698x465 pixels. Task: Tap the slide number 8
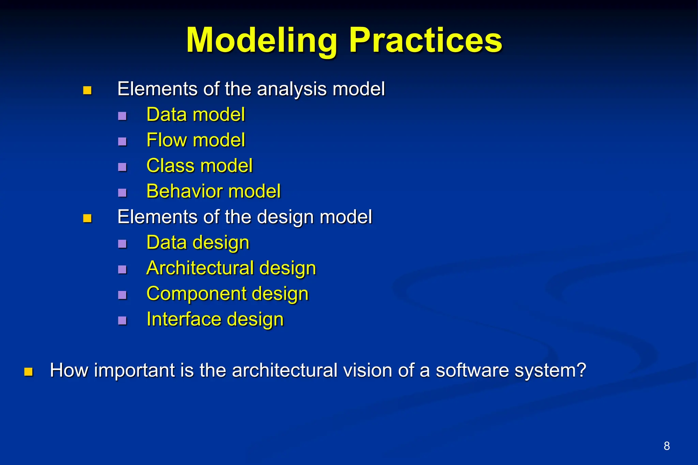[667, 446]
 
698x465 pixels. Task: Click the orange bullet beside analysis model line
[88, 90]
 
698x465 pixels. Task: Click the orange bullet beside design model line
[88, 218]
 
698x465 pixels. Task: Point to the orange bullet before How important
[29, 372]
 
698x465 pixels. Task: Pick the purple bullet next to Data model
[122, 116]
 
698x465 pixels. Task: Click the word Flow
[167, 140]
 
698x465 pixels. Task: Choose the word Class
[171, 166]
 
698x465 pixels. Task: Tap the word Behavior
[184, 191]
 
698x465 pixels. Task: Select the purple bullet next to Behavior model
[122, 193]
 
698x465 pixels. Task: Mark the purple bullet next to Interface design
[122, 321]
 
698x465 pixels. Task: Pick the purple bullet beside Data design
[122, 244]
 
